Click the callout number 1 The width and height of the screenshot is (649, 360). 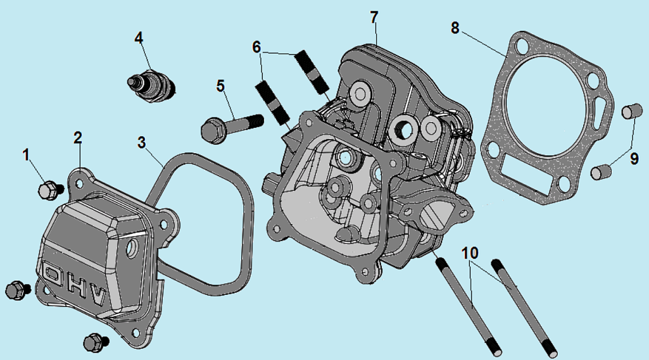(26, 155)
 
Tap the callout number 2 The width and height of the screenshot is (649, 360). (77, 137)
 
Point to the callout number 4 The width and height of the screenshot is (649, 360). (139, 38)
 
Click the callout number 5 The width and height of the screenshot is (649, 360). (220, 86)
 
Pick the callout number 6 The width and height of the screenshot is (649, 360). (256, 47)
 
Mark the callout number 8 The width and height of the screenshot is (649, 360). (455, 28)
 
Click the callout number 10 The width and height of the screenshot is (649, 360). (470, 254)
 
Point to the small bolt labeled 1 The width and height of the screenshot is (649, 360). (48, 189)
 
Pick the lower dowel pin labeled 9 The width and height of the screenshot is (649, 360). (600, 171)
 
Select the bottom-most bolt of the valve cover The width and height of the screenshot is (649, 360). (94, 342)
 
